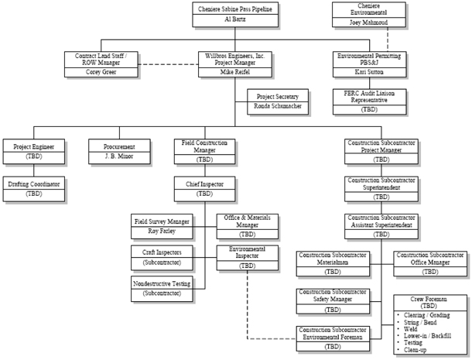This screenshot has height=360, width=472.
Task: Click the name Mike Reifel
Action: click(235, 71)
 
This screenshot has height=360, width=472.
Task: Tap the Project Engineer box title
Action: click(33, 146)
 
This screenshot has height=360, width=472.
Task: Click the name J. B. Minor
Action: click(120, 157)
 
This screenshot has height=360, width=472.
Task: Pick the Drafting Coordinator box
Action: click(34, 188)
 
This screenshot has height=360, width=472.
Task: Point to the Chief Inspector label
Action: click(205, 183)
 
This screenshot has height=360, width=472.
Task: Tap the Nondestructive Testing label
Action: click(162, 283)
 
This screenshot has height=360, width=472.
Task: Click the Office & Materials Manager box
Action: click(246, 225)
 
